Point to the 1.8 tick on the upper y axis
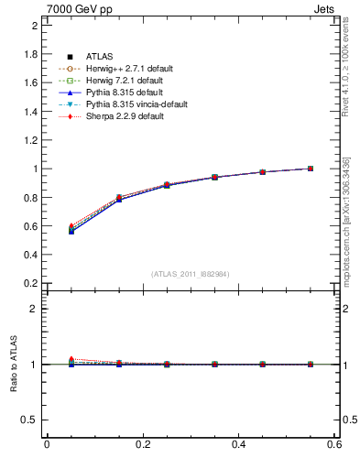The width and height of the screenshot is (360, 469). (31, 54)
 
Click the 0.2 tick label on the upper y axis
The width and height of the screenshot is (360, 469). (31, 283)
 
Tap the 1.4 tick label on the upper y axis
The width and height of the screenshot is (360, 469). (31, 111)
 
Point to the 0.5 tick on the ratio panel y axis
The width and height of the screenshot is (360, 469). (31, 420)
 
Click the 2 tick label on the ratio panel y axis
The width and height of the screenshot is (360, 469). (35, 309)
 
